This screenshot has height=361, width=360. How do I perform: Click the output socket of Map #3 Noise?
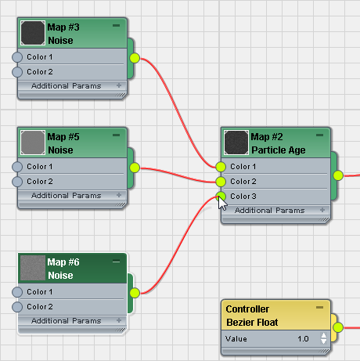135,58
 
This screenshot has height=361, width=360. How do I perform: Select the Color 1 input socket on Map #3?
17,57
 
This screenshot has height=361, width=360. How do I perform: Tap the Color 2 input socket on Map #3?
17,72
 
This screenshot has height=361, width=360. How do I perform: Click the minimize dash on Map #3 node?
117,26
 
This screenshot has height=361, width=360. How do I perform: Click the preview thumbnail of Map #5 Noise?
33,143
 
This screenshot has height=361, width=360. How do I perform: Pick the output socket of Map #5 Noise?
135,168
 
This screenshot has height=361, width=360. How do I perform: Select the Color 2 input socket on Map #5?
17,182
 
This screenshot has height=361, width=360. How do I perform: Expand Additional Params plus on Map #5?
119,195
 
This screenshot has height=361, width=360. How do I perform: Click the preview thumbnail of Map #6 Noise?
33,268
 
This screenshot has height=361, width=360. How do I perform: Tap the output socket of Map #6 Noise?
135,293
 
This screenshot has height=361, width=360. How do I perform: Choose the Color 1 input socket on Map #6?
17,292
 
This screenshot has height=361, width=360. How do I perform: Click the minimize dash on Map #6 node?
117,262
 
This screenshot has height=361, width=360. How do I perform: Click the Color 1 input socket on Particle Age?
221,167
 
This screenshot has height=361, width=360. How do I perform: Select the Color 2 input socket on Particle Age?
221,182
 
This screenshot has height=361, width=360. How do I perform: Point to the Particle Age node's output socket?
338,175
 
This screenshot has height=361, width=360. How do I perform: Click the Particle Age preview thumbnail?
236,143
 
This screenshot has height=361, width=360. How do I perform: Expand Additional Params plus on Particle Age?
322,210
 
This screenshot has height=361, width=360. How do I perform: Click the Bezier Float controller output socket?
338,327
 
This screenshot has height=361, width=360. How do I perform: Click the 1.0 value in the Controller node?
303,339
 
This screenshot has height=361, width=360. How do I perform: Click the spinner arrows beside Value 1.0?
323,338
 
